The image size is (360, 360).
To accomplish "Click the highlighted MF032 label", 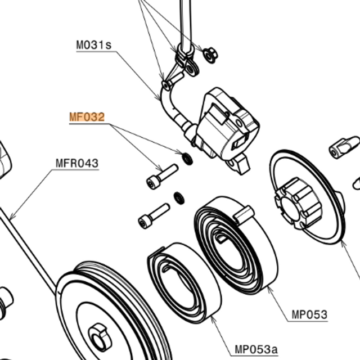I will point(87,118).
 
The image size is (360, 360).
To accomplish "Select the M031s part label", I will point(94,45).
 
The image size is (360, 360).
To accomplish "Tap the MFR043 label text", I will point(76,164).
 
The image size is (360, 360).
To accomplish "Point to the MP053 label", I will point(309,314).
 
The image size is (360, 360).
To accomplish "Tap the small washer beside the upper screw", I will point(187,159).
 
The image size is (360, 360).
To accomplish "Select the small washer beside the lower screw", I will point(179,198).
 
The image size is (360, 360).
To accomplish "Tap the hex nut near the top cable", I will point(210,55).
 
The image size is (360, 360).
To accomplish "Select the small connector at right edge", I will point(344,146).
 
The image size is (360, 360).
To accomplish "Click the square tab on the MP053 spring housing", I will point(245,212).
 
